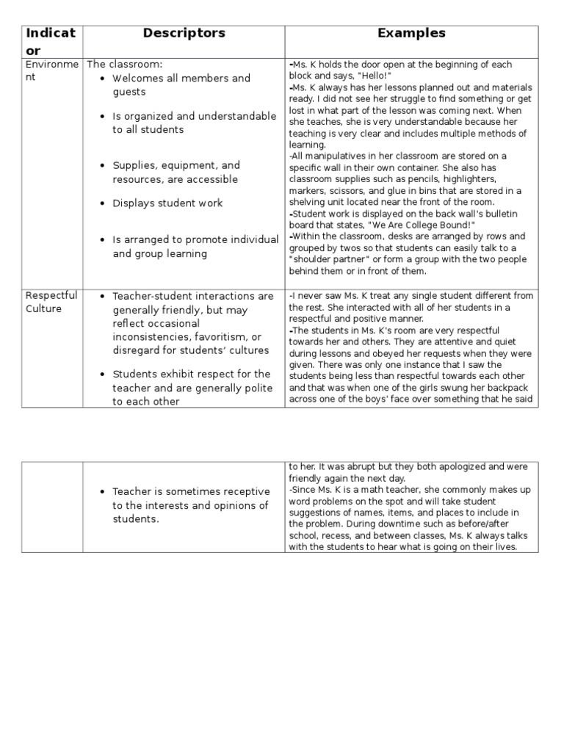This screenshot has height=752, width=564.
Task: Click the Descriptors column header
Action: pos(184,33)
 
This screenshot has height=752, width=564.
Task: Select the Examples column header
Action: pos(411,33)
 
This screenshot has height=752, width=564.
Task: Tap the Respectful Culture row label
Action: pos(51,302)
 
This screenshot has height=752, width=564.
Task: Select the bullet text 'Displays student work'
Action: pos(167,203)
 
